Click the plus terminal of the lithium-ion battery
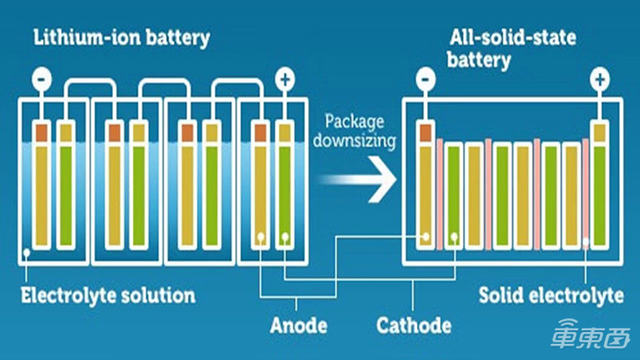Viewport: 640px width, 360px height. [284, 80]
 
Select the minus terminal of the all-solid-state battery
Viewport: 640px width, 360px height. [426, 80]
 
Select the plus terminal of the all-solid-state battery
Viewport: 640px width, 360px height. [598, 80]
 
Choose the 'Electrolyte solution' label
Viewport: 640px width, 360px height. [107, 294]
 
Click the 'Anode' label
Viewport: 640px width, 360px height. [297, 324]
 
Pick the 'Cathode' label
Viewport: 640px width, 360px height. [413, 324]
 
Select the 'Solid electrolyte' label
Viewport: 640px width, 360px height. [550, 294]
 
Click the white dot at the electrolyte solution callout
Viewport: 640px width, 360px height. [27, 253]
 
